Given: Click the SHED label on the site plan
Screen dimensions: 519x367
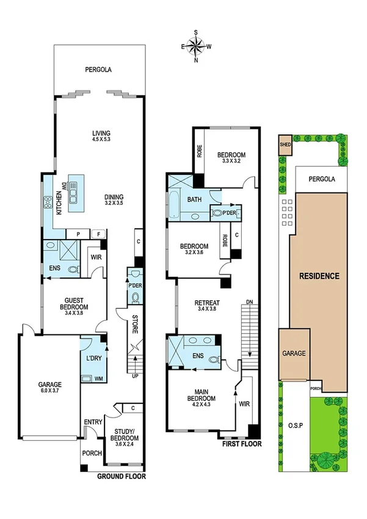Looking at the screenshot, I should click(x=285, y=145).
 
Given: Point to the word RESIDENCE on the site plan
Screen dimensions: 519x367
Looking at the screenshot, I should click(x=319, y=276).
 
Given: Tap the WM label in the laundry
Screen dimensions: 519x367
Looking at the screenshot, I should click(x=98, y=379).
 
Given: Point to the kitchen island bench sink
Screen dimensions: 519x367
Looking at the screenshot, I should click(x=76, y=194).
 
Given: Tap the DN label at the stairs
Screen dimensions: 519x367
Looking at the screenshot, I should click(x=249, y=302).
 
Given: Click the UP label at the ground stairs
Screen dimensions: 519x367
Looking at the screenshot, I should click(x=134, y=375).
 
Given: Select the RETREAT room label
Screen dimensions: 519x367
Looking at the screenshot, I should click(x=206, y=303).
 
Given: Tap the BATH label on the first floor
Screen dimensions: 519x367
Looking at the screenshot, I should click(x=195, y=200).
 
